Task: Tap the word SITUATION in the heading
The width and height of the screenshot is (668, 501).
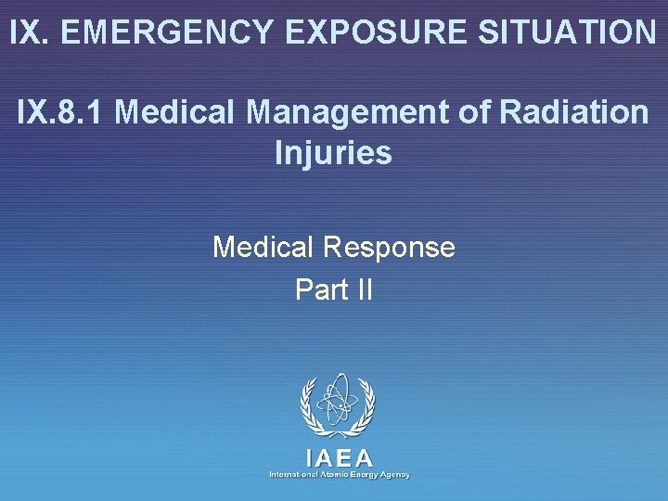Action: click(x=567, y=32)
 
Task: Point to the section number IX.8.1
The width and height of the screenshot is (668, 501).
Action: click(x=62, y=112)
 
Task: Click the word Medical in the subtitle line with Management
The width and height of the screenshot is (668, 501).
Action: click(x=178, y=112)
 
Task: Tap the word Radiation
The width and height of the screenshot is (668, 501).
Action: click(x=573, y=112)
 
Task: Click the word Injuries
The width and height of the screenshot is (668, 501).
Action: click(x=333, y=152)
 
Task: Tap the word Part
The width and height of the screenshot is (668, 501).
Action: click(x=315, y=289)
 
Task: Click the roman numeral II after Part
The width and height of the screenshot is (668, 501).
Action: click(x=363, y=289)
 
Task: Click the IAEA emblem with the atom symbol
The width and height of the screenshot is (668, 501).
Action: click(x=338, y=406)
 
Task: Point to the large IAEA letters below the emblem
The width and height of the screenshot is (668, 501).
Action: click(x=340, y=457)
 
